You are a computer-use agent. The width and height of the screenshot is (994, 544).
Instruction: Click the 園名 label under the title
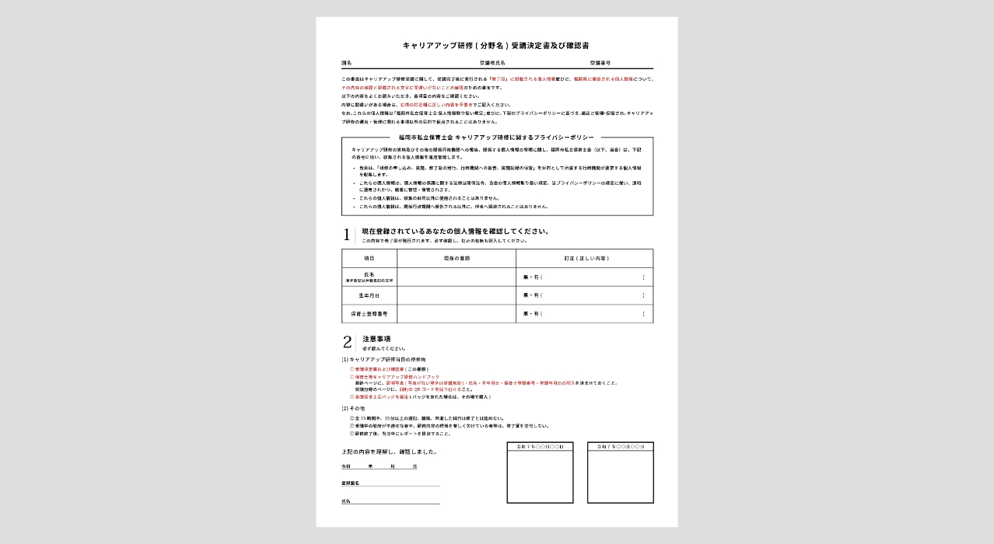point(347,62)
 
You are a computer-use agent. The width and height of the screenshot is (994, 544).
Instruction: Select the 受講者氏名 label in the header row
point(492,62)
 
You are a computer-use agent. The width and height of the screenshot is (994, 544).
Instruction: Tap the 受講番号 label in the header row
point(600,62)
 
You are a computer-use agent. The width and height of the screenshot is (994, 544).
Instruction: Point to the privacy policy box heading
point(497,138)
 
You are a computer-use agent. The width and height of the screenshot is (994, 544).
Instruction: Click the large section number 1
point(347,235)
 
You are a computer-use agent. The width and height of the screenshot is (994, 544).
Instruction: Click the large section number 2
point(347,342)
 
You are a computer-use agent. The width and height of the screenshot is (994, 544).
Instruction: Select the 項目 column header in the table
point(369,258)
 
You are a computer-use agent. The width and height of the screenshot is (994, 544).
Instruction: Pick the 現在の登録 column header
point(457,258)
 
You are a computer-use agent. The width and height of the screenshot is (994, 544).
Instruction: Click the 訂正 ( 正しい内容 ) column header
point(586,258)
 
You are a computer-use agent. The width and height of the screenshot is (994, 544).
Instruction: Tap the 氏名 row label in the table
point(369,275)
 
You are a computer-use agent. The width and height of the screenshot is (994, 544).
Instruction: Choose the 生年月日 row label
point(369,295)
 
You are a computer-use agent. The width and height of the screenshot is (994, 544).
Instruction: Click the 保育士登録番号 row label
point(369,314)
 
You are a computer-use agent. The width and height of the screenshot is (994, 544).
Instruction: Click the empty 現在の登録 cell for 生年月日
point(457,295)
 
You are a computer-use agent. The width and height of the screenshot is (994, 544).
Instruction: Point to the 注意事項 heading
point(376,339)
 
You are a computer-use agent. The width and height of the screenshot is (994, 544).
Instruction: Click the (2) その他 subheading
point(354,408)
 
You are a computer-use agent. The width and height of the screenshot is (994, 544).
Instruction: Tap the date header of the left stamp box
point(540,447)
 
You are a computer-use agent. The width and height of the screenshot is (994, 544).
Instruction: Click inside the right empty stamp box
point(620,477)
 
